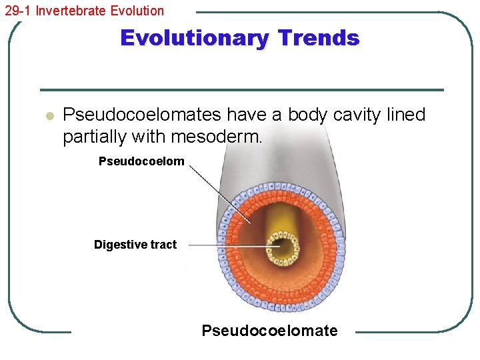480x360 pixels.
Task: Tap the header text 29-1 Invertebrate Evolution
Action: click(x=83, y=11)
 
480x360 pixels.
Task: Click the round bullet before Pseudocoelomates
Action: click(x=48, y=116)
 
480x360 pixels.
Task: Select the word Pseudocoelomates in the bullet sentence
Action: click(x=141, y=115)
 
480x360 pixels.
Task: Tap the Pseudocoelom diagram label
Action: click(x=141, y=161)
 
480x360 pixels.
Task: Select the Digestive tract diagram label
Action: click(x=135, y=245)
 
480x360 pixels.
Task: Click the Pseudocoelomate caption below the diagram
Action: click(x=269, y=331)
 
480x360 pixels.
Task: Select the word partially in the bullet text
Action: click(x=95, y=137)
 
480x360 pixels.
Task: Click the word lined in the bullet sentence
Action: click(x=405, y=115)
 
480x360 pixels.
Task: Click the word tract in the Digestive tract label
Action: click(x=163, y=245)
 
